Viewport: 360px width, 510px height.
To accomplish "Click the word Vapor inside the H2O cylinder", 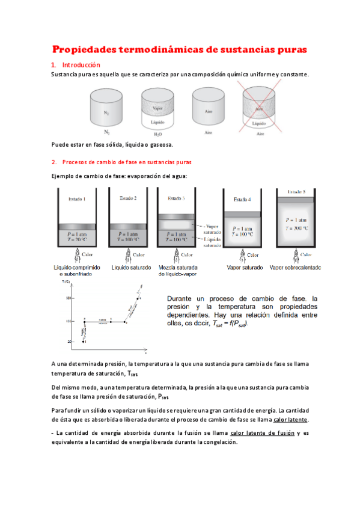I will [158, 108].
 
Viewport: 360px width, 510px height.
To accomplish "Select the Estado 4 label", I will [243, 199].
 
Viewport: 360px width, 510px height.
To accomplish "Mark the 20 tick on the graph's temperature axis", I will [69, 341].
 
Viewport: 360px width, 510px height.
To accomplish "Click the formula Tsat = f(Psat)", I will [228, 324].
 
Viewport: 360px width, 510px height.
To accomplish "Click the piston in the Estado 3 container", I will [176, 216].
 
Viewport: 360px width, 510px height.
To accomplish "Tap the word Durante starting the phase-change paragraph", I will [182, 298].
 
